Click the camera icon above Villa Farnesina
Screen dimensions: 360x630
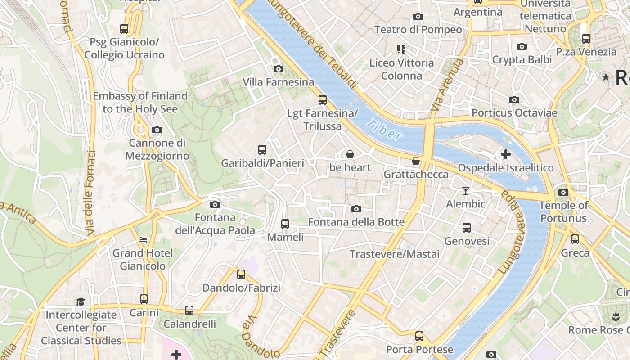tap(279, 69)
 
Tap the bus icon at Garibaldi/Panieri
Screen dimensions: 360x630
tap(262, 149)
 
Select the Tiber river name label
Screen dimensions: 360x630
tap(383, 130)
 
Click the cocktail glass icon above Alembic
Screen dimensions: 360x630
tap(466, 191)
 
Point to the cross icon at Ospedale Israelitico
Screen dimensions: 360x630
tap(505, 154)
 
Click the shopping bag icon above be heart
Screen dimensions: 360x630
tap(350, 154)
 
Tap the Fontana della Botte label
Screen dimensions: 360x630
tap(356, 222)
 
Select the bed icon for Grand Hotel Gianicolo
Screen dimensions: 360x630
tap(143, 240)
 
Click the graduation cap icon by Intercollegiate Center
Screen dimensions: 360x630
tap(81, 301)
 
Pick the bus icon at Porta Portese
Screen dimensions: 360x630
tap(419, 336)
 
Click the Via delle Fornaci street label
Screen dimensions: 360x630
tap(91, 193)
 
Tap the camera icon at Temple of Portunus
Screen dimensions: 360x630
tap(563, 193)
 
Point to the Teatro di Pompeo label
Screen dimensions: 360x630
tap(418, 30)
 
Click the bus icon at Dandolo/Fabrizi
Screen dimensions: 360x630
tap(241, 274)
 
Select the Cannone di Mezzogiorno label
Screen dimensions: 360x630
tap(157, 149)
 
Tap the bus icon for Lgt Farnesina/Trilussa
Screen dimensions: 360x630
tap(322, 100)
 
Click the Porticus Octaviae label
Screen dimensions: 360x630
tap(514, 112)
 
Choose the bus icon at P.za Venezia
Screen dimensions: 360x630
tap(586, 39)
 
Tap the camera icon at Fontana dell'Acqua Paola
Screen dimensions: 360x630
tap(215, 204)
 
